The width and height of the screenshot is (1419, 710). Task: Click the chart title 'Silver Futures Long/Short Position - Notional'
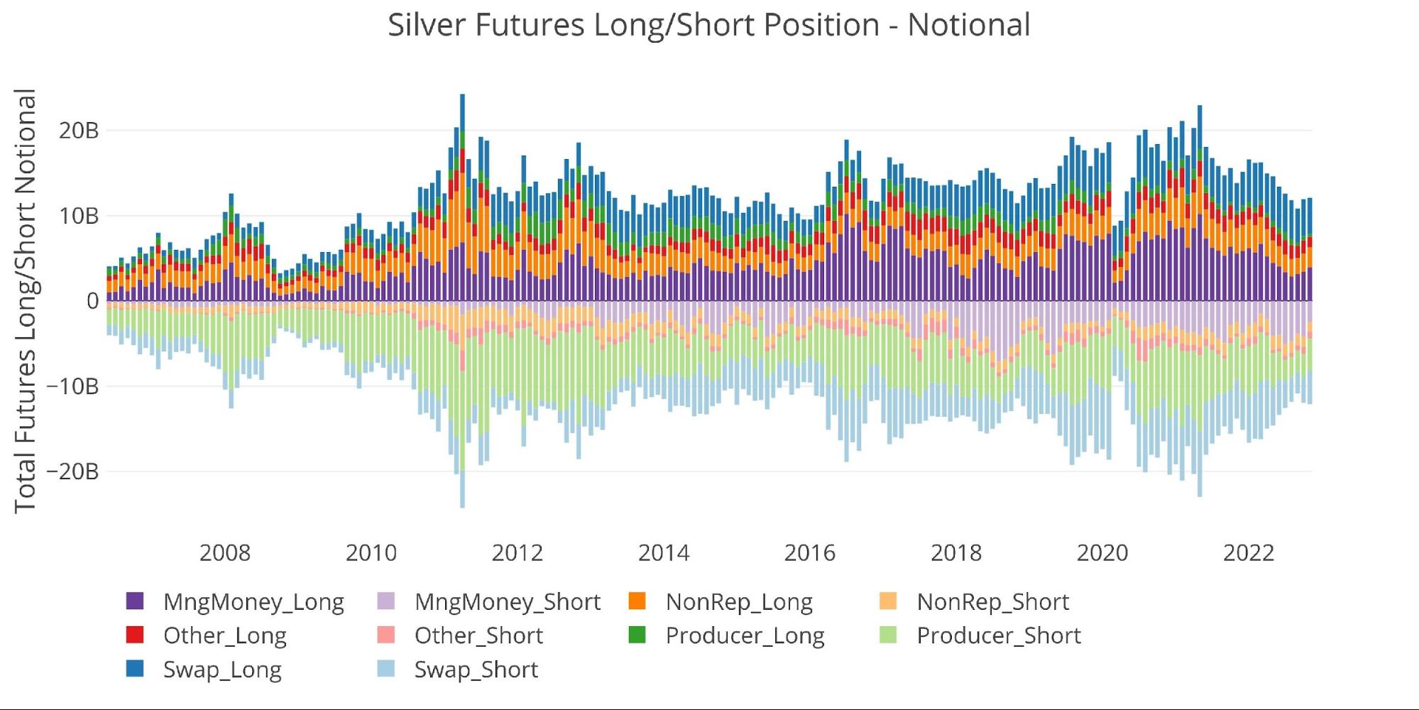coord(708,26)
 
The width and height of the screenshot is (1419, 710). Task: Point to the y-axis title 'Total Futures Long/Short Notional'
coord(26,301)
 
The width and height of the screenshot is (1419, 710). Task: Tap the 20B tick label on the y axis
coord(79,131)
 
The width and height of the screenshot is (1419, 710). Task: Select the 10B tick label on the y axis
coord(79,216)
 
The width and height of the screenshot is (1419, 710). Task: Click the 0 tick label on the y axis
coord(92,301)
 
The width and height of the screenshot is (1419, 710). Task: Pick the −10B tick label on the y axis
coord(72,386)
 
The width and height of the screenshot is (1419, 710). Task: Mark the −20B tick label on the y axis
coord(72,471)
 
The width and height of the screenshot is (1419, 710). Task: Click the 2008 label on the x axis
coord(224,552)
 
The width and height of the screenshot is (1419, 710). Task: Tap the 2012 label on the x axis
coord(517,552)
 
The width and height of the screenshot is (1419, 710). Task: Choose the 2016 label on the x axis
coord(809,552)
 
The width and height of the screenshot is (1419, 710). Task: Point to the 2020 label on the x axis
coord(1102,552)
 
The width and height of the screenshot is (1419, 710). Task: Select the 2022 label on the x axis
coord(1248,552)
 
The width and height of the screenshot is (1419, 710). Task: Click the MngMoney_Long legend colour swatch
coord(135,601)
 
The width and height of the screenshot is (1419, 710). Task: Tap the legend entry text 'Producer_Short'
coord(998,635)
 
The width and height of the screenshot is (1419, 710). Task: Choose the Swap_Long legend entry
coord(222,670)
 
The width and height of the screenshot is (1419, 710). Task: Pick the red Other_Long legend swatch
coord(135,635)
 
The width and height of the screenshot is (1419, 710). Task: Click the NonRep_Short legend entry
coord(992,601)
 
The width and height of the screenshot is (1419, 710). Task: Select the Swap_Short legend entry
coord(476,670)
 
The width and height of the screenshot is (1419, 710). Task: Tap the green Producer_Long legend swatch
coord(637,635)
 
